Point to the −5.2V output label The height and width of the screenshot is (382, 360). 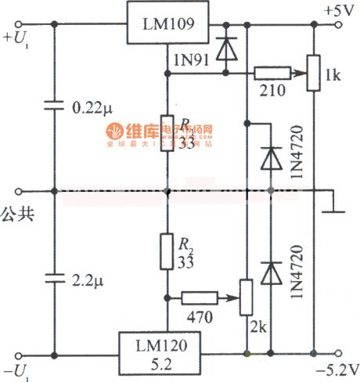335,368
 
